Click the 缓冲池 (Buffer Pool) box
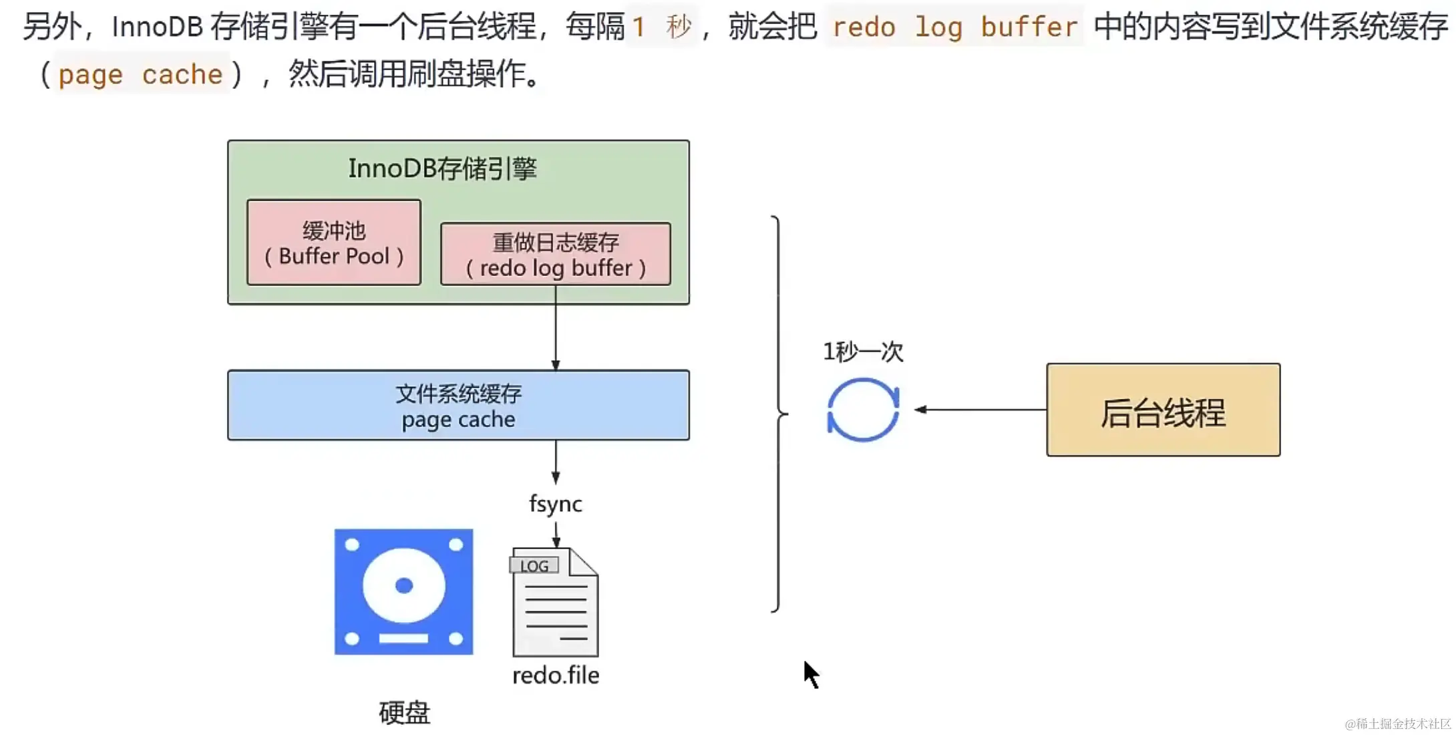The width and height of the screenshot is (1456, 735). click(334, 243)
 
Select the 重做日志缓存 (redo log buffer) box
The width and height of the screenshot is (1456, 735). click(556, 254)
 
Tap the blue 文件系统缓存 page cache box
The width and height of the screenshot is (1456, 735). click(458, 405)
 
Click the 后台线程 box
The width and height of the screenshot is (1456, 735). click(1163, 410)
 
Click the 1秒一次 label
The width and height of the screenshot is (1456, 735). click(863, 351)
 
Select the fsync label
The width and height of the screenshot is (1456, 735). click(556, 504)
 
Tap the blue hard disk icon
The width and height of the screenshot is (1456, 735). click(404, 592)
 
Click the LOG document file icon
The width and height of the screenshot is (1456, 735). click(555, 603)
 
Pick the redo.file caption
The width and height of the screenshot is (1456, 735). click(556, 676)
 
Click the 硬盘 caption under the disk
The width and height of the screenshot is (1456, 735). click(405, 713)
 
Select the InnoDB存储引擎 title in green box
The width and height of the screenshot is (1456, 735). click(443, 168)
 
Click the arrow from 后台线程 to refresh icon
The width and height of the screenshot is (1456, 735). click(980, 410)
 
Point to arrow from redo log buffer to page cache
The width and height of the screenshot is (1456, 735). click(556, 328)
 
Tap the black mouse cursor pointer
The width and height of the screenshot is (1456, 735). click(810, 674)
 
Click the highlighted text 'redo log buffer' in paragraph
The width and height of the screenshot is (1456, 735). click(955, 27)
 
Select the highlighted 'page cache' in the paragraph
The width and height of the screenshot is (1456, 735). click(140, 74)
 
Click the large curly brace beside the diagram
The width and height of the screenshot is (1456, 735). click(779, 414)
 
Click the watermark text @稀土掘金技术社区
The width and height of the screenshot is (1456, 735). click(1398, 724)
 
